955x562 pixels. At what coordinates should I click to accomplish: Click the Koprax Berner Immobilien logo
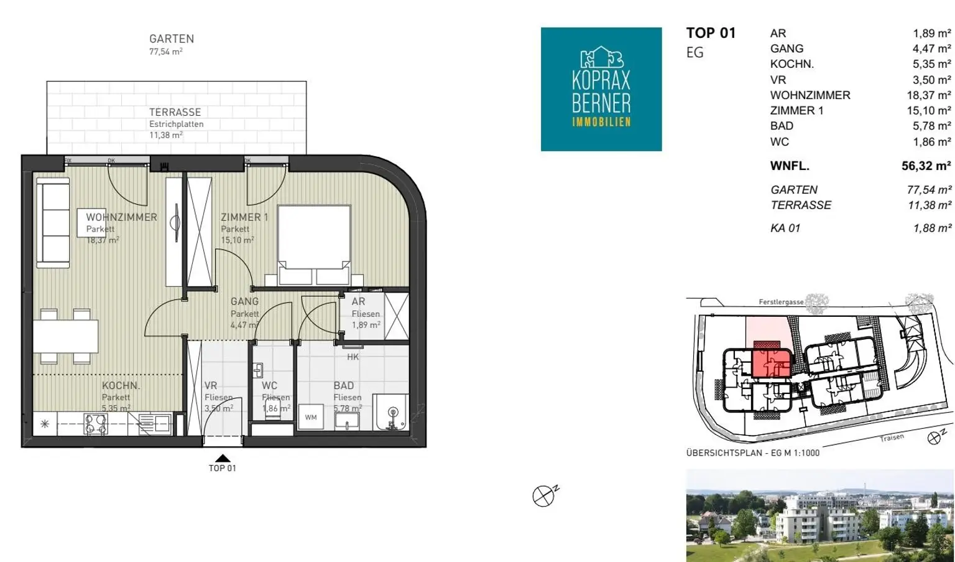[x=601, y=89]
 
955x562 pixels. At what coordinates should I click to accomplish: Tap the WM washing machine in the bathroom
[x=311, y=417]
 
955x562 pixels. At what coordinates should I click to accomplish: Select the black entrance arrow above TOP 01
[x=223, y=458]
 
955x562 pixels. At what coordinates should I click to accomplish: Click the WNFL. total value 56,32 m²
[x=926, y=166]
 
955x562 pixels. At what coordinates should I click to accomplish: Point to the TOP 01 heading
[x=711, y=33]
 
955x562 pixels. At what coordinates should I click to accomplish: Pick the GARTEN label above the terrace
[x=172, y=39]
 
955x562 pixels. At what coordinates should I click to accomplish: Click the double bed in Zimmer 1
[x=314, y=245]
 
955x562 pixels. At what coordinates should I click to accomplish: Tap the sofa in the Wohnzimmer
[x=53, y=223]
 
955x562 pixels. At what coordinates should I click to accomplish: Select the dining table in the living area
[x=66, y=336]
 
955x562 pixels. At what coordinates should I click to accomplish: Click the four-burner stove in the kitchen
[x=96, y=424]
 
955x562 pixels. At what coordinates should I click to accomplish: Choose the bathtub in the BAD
[x=391, y=412]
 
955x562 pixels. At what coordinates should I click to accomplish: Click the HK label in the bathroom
[x=353, y=357]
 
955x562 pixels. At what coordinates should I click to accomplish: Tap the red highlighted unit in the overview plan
[x=772, y=363]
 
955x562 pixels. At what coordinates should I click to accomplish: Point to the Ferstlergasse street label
[x=781, y=302]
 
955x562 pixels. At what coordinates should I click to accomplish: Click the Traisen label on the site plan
[x=892, y=438]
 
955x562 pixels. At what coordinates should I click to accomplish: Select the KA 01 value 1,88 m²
[x=933, y=228]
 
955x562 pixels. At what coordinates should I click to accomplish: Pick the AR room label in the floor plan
[x=358, y=301]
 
